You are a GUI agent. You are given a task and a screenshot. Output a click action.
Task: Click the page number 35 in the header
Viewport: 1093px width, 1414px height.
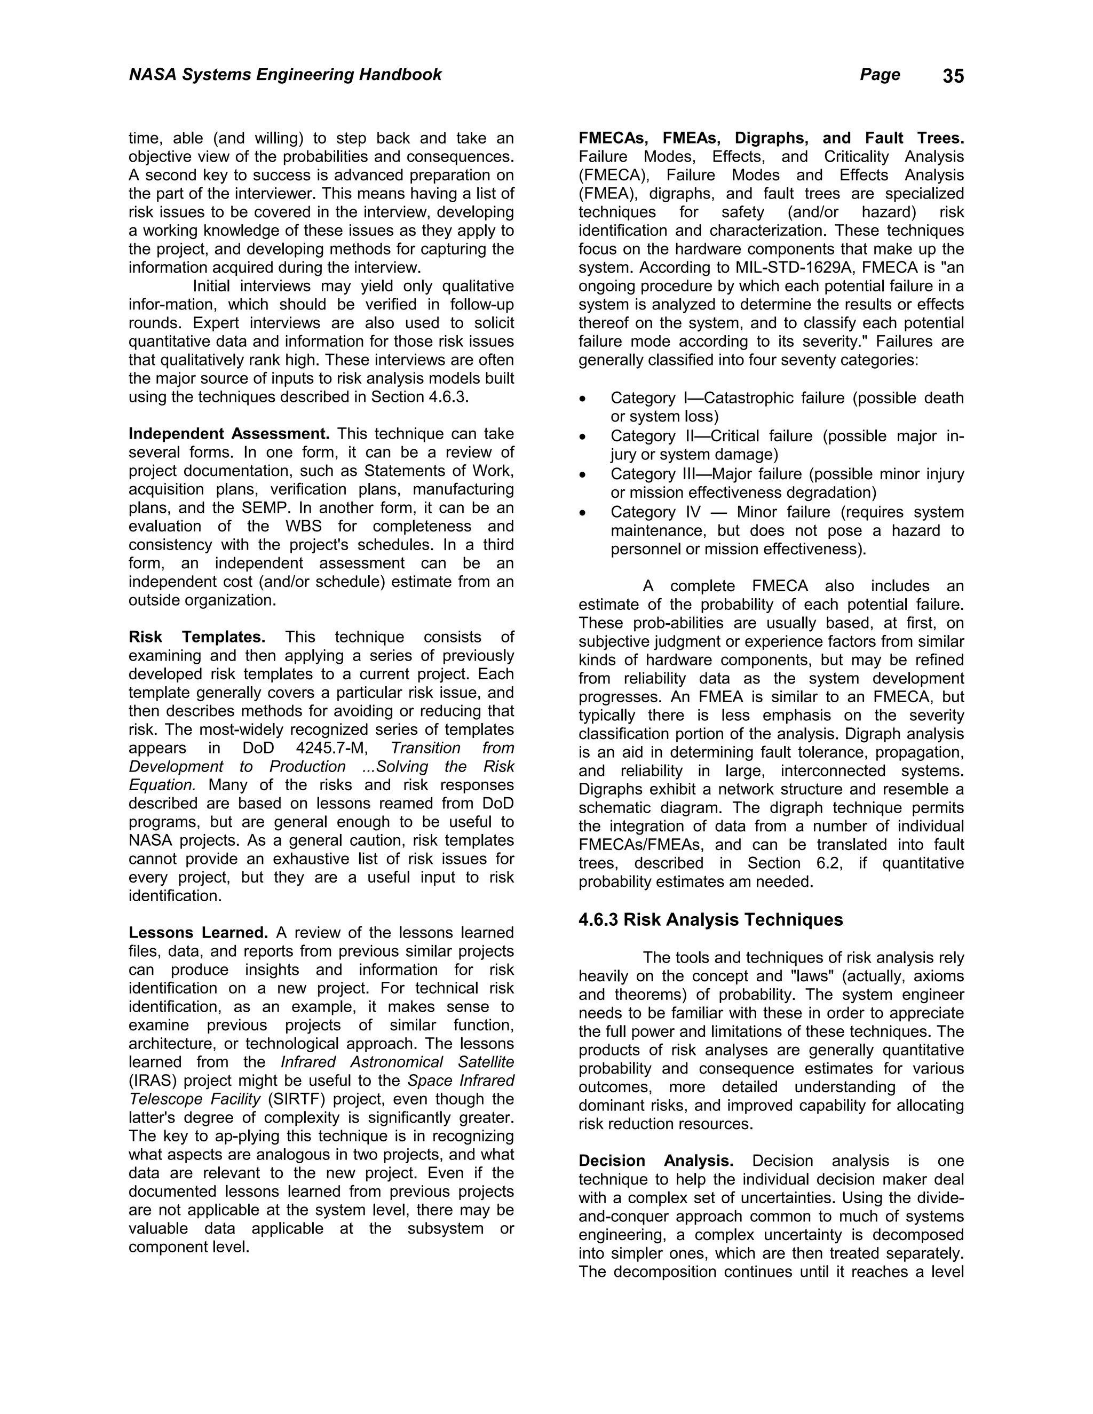[x=953, y=76]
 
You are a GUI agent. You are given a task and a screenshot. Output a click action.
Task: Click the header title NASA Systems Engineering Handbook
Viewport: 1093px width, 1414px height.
[x=285, y=75]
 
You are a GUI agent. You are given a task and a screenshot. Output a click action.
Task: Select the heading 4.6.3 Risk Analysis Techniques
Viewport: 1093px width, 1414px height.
[x=710, y=920]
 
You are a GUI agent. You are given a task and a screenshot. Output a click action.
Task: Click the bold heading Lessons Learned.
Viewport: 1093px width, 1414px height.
[x=198, y=933]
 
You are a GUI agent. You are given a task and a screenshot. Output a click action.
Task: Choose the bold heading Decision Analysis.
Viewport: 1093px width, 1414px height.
[x=655, y=1161]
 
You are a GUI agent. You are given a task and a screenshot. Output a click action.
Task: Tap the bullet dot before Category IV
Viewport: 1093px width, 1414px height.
[x=583, y=513]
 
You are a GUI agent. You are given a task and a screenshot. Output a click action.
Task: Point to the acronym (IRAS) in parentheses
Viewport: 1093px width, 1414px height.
[x=153, y=1081]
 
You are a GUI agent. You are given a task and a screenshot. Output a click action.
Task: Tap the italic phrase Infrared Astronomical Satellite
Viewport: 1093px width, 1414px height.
[x=397, y=1062]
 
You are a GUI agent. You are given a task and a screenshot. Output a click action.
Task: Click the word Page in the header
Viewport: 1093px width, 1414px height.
[x=880, y=75]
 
